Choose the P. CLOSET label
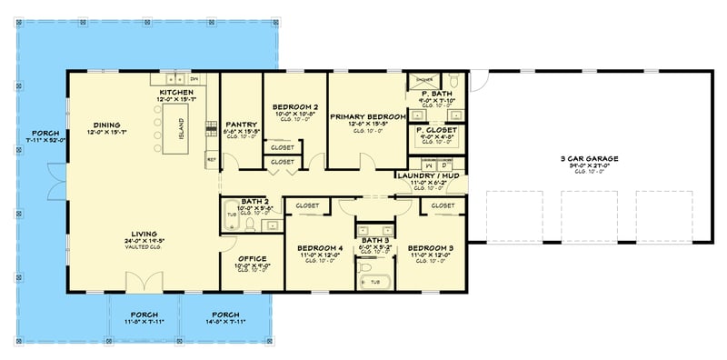pyautogui.click(x=436, y=130)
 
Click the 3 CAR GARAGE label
pyautogui.click(x=589, y=159)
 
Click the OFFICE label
pyautogui.click(x=252, y=259)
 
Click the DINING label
pyautogui.click(x=107, y=126)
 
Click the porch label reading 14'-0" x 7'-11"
pyautogui.click(x=224, y=316)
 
